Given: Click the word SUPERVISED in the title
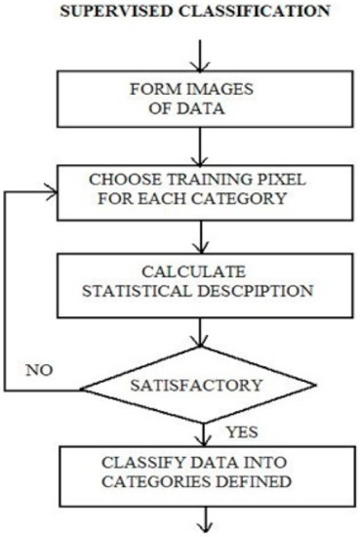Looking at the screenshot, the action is point(129,12).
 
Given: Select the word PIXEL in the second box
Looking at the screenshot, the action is point(272,183).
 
